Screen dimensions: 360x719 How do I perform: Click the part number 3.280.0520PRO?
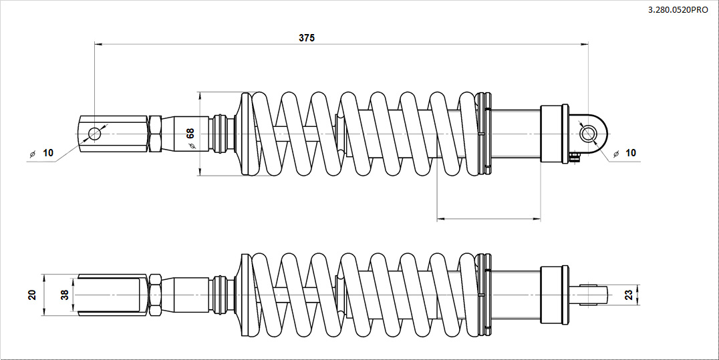[678, 10]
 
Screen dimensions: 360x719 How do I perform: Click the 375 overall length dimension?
[306, 38]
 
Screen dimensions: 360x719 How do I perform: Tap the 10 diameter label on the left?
[47, 153]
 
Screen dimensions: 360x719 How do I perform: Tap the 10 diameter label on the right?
[630, 153]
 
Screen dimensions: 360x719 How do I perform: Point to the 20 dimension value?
[32, 295]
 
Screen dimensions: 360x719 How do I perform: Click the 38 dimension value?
[65, 295]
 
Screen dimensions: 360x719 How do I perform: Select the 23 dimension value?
[627, 295]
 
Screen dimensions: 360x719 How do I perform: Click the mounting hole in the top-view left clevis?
[94, 134]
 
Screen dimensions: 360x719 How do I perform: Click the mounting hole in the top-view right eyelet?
[588, 134]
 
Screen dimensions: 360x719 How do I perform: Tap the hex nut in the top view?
[154, 134]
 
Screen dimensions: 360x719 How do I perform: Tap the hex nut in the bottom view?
[154, 295]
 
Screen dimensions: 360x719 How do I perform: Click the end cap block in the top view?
[554, 134]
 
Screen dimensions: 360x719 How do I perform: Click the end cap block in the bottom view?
[554, 295]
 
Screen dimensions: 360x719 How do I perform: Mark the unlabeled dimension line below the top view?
[488, 218]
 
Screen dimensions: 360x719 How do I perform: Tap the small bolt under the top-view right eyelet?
[574, 156]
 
